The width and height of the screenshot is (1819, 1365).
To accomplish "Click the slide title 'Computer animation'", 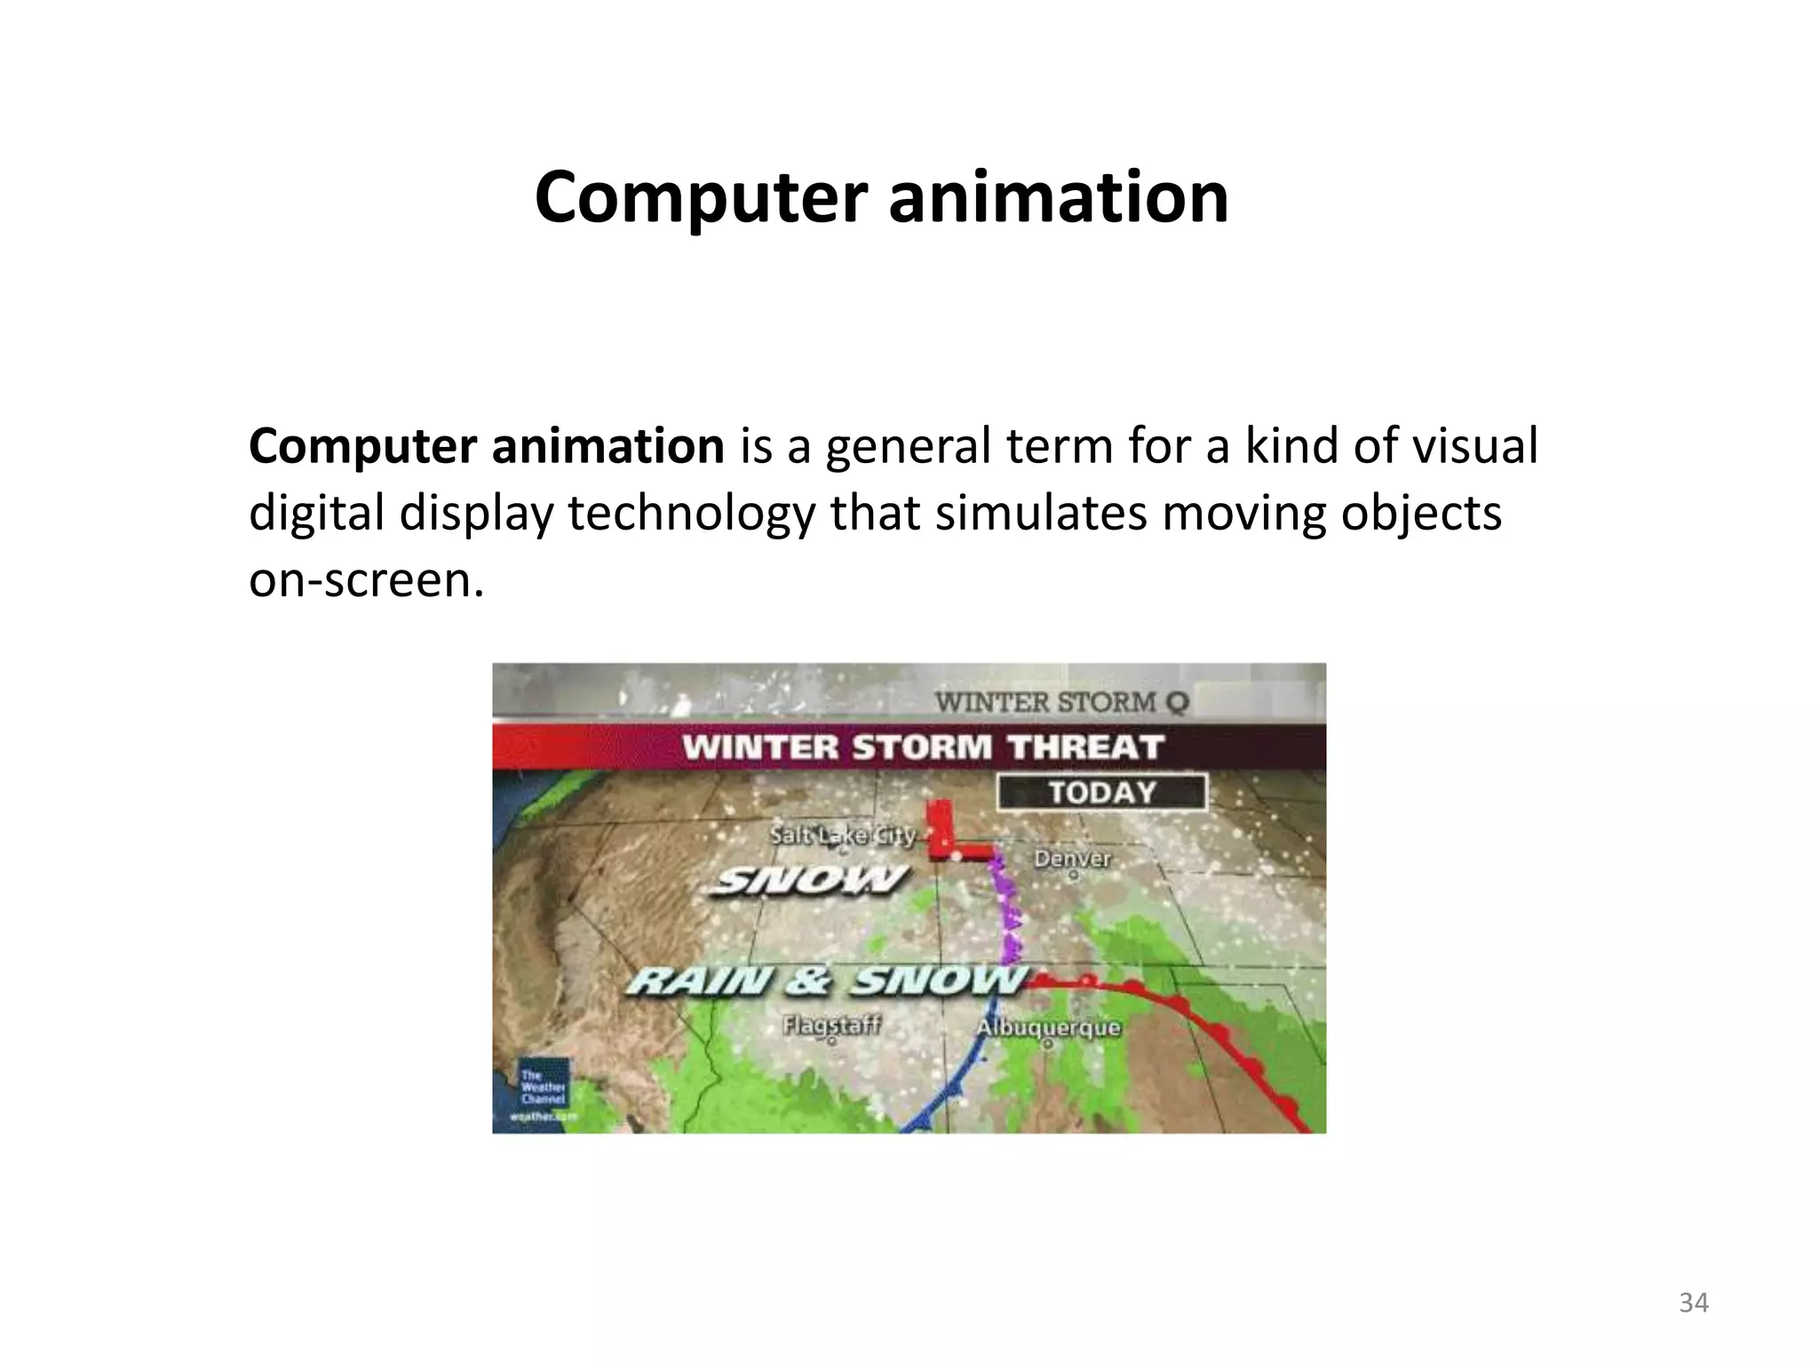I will pos(881,196).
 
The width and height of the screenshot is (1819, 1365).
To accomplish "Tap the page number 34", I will pos(1694,1303).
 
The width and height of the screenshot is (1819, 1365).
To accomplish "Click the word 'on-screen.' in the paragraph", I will pos(367,580).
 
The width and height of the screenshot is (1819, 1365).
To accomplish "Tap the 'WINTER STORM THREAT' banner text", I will pos(923,747).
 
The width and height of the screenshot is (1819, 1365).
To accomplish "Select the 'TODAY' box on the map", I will pos(1102,792).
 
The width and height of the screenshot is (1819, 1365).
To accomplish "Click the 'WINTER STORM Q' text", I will pos(1060,702).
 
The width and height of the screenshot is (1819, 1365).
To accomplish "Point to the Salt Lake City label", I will pos(842,836).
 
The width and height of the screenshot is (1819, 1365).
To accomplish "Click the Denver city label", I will pos(1072,858).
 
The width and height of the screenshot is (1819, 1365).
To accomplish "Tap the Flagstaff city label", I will pos(831,1026).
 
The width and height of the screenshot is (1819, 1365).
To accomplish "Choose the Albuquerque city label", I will pos(1048,1028).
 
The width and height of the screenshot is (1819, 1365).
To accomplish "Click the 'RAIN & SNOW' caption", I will pos(827,981).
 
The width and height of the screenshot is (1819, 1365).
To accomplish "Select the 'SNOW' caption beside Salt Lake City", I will pos(810,881).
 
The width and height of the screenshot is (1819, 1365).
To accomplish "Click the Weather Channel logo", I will pos(544,1093).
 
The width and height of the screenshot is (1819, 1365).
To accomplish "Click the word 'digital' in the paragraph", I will pos(315,514).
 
